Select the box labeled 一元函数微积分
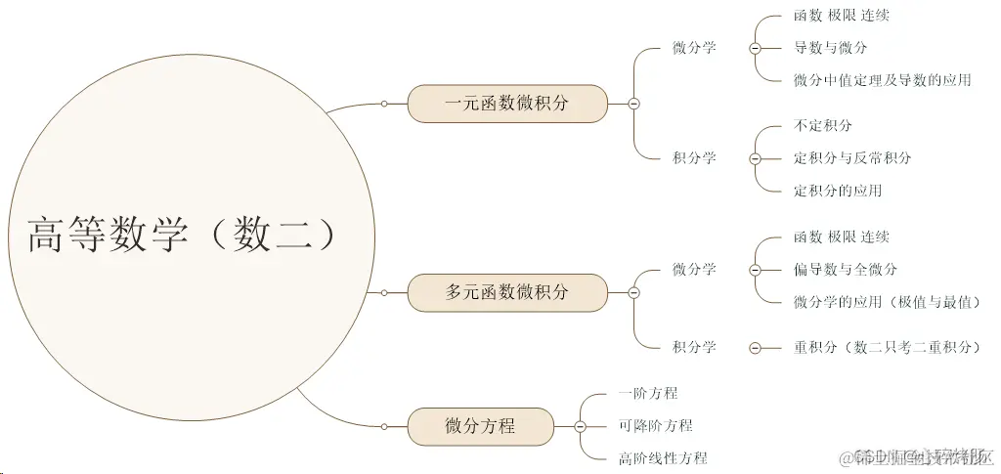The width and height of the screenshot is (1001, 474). pos(506,104)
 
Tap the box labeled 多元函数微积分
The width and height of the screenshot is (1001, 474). pos(506,292)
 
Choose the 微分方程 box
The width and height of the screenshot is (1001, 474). pos(480,426)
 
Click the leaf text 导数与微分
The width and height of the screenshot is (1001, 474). pos(830,47)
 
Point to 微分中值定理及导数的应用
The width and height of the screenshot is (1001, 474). pos(882,80)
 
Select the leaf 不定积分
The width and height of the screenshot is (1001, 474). pos(823,126)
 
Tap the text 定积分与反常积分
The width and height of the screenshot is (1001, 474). pos(851,158)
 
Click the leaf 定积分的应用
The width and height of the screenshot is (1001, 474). pos(837,191)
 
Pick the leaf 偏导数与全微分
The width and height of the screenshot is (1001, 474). pos(845,270)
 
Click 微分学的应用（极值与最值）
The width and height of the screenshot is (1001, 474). pos(887,302)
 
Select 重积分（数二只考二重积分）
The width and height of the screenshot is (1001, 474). pos(886,347)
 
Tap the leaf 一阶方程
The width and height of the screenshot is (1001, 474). pos(647,393)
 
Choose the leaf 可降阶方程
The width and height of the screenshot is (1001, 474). pos(655,426)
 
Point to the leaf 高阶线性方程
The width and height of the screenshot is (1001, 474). pos(662,458)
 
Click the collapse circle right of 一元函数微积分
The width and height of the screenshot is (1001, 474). pos(633,104)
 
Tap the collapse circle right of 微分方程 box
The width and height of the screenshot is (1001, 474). pos(580,426)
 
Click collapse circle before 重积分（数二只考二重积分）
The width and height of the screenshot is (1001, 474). pos(755,347)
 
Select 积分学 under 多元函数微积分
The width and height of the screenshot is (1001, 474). pos(694,347)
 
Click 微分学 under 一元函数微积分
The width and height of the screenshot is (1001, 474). pos(694,47)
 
